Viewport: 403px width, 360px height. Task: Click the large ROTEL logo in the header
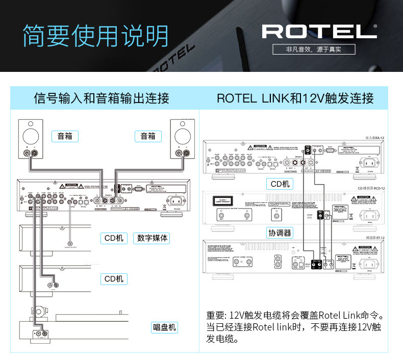tap(319, 31)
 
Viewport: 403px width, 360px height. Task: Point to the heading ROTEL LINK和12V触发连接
tap(295, 98)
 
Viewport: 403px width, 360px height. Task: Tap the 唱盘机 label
tap(164, 327)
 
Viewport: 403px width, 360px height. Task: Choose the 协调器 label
tap(280, 233)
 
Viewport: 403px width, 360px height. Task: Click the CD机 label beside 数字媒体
tap(114, 238)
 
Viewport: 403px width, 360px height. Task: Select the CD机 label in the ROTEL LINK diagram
tap(280, 184)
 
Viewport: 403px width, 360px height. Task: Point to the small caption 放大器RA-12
tap(374, 138)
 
